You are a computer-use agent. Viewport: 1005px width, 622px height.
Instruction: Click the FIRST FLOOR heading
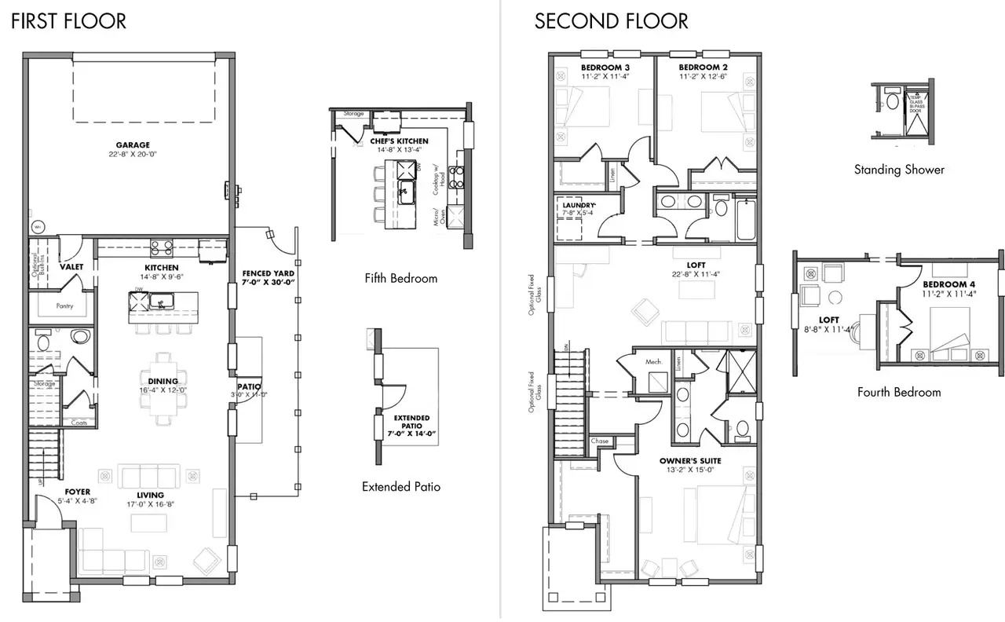(68, 21)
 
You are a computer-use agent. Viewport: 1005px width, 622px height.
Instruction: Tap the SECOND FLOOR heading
(611, 21)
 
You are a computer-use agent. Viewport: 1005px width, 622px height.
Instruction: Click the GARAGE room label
(133, 145)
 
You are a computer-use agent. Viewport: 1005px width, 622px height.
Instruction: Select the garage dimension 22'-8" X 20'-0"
(133, 155)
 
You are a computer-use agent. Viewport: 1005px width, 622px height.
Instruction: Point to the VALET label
(71, 267)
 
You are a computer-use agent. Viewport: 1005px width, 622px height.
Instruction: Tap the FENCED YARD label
(268, 273)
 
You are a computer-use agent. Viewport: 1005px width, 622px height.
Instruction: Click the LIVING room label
(150, 495)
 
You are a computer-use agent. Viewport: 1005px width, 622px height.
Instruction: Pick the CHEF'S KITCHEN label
(399, 141)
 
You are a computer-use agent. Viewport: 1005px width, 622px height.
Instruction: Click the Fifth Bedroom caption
(401, 278)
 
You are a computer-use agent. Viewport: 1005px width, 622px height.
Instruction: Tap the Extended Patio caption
(401, 487)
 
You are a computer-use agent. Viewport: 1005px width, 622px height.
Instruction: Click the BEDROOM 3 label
(605, 68)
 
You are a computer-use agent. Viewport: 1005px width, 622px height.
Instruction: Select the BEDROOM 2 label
(702, 68)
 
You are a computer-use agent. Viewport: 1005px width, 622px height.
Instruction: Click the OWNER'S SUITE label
(690, 460)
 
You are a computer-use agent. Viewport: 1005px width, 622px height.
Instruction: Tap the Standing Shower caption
(899, 170)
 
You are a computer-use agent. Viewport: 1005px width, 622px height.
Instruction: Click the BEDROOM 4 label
(949, 284)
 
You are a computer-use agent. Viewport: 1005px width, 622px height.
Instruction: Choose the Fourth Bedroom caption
(899, 392)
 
